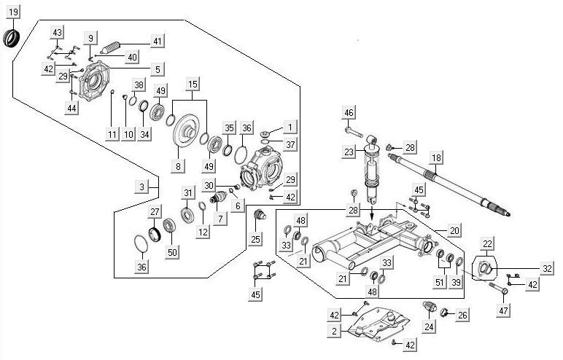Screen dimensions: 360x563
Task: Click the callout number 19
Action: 13,12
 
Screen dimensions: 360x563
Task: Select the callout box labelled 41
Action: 158,41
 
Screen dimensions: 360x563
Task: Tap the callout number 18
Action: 436,157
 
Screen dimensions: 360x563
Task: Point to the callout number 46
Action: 349,112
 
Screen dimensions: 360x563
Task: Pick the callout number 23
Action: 349,152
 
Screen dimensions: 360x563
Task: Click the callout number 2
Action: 334,330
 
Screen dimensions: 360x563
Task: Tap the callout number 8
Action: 177,166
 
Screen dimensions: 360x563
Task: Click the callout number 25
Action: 255,238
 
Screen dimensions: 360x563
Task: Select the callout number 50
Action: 172,252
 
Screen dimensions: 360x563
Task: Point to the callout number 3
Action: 143,187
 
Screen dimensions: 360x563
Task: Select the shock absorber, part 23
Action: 373,168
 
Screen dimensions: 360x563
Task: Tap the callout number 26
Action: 462,315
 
